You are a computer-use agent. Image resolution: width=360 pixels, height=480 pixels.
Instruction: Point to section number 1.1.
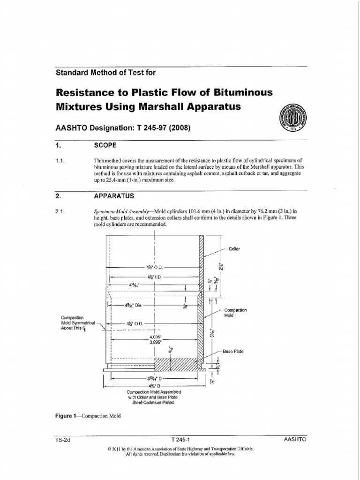[x=60, y=161]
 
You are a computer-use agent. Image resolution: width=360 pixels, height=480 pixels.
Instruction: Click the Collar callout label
[x=234, y=249]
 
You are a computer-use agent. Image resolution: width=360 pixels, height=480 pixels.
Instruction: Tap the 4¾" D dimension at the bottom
[x=154, y=384]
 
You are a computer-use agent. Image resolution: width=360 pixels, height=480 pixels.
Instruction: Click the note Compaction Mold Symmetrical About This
[x=77, y=323]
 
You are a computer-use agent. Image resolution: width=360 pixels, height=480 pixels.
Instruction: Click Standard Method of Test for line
[x=106, y=73]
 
